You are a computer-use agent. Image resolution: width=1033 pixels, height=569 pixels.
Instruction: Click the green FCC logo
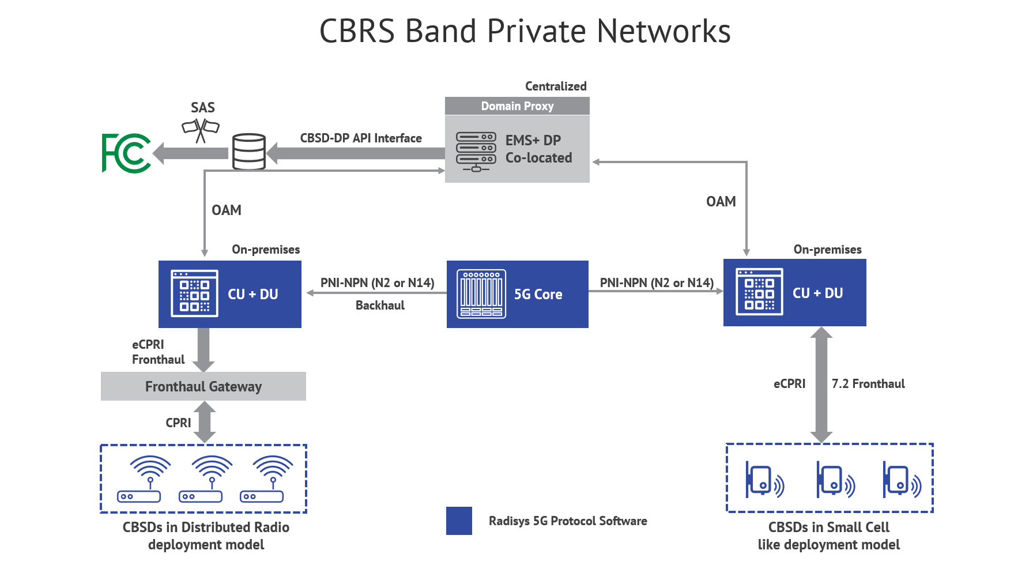click(126, 153)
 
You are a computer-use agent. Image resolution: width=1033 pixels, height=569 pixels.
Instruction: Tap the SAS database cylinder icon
click(248, 151)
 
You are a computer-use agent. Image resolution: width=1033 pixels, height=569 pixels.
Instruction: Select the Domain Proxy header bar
click(517, 106)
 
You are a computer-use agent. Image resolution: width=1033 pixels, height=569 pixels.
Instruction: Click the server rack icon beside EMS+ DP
click(476, 152)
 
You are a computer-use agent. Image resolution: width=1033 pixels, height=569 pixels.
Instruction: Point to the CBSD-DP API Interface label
click(361, 138)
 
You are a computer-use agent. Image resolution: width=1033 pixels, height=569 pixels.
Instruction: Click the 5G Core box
click(517, 294)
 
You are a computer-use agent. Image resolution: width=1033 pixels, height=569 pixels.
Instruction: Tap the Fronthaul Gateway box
click(203, 386)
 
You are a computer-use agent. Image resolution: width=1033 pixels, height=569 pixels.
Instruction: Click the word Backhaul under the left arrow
click(380, 306)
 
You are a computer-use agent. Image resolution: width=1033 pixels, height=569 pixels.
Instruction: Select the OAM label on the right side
click(721, 202)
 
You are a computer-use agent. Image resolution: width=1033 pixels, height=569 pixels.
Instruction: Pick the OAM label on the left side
click(227, 210)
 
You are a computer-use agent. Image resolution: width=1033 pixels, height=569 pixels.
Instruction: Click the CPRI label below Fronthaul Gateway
click(178, 423)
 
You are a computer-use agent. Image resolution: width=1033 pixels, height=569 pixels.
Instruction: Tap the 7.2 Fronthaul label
click(868, 384)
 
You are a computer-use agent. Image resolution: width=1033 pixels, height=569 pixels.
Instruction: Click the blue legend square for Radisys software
click(459, 521)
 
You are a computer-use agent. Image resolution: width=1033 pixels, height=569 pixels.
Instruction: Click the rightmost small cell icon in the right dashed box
click(901, 480)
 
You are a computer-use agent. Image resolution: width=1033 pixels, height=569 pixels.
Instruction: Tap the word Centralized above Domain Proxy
click(556, 86)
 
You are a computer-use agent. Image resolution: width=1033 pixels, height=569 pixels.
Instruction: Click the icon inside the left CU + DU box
click(194, 293)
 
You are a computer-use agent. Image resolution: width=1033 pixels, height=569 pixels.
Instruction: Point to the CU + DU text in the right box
click(817, 293)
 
